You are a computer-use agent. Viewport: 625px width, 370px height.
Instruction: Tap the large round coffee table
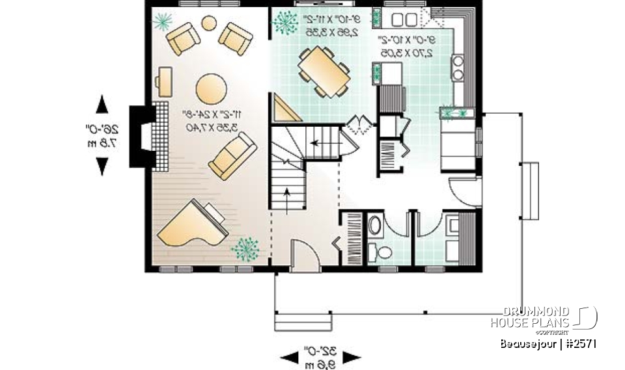point(212,88)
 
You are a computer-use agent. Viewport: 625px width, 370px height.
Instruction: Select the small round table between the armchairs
point(209,24)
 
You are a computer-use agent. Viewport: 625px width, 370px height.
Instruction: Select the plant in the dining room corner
point(285,23)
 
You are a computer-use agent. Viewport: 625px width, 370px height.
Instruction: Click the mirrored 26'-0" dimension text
point(104,135)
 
